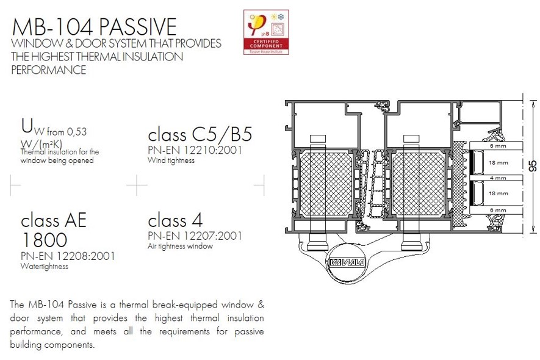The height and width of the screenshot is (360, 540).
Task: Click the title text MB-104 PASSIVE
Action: point(95,27)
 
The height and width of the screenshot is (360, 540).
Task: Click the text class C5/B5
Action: point(200,134)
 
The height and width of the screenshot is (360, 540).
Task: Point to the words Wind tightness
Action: point(171,160)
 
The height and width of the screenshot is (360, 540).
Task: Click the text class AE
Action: point(54,220)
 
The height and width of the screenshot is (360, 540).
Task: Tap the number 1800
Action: point(44,239)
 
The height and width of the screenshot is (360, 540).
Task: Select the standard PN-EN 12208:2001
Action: point(68,256)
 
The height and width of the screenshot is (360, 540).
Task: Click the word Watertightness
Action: point(45,267)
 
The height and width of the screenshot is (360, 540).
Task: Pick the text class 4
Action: point(175,220)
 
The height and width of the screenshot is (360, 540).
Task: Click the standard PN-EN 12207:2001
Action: point(195,236)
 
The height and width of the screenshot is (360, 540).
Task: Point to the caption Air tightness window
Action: point(180,247)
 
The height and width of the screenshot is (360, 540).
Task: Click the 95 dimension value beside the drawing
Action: point(532,166)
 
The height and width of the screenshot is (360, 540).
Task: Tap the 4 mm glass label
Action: point(498,178)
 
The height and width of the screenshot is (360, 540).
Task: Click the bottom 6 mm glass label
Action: point(498,210)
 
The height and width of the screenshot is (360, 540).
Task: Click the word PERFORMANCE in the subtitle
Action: point(49,70)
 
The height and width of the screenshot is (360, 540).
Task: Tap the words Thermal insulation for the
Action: point(60,152)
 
